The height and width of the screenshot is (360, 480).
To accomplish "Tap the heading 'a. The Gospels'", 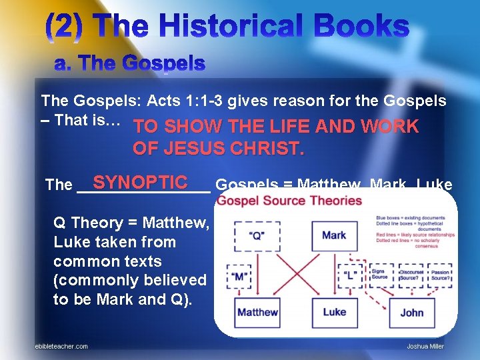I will tap(129, 64).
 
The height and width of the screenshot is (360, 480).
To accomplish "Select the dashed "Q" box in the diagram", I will tap(257, 235).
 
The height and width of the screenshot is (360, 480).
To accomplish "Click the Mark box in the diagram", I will tap(334, 235).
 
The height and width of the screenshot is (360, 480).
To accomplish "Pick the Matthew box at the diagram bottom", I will tap(257, 312).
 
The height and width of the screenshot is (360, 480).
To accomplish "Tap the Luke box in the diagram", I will tap(334, 312).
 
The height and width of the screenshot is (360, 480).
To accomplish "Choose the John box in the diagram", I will tap(411, 312).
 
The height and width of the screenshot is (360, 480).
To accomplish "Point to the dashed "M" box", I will tap(241, 275).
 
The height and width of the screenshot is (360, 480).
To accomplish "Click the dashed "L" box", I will tap(349, 275).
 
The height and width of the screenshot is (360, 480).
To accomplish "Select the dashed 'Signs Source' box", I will tap(379, 275).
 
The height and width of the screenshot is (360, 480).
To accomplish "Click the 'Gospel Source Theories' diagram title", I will tap(289, 201).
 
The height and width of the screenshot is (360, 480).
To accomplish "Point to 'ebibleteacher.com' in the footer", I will tap(61, 346).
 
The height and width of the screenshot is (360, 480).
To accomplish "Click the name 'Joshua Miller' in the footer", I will tap(425, 346).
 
